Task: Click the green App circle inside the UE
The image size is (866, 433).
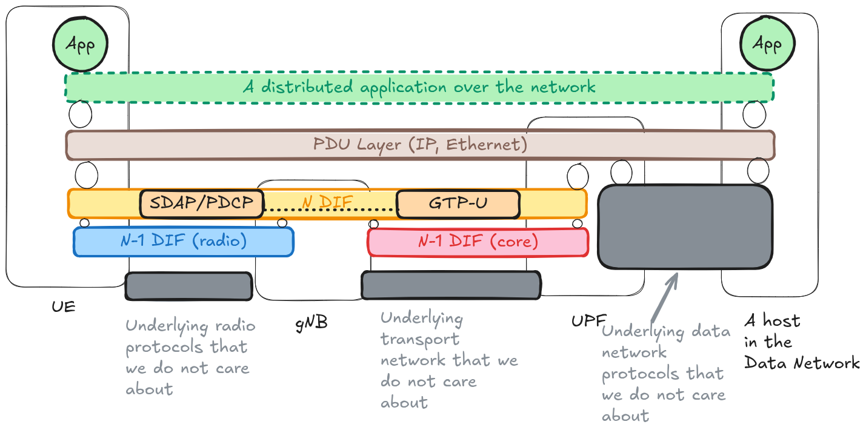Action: (x=81, y=45)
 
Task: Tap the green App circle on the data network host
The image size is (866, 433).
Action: (x=766, y=44)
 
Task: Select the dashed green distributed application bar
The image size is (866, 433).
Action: (x=419, y=87)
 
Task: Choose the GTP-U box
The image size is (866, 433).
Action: (x=458, y=203)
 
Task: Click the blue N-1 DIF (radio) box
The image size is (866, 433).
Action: (x=183, y=242)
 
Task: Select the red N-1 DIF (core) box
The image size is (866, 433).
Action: (x=478, y=242)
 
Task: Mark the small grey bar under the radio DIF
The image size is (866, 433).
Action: (x=188, y=286)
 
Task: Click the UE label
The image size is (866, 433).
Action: (x=64, y=306)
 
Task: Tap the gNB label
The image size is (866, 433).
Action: (x=311, y=323)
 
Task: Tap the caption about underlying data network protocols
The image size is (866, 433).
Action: (x=665, y=374)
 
